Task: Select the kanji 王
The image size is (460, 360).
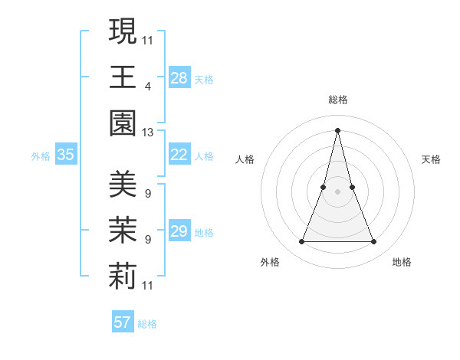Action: point(123,77)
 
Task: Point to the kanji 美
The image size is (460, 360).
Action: point(123,184)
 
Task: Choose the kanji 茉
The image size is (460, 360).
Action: point(123,231)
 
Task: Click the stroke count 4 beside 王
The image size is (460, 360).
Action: point(148,86)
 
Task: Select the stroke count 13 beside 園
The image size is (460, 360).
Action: point(148,133)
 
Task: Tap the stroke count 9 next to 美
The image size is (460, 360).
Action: point(148,193)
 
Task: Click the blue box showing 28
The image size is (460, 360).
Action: point(179,77)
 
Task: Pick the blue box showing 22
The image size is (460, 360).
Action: point(179,155)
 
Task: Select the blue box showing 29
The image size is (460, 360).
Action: point(179,231)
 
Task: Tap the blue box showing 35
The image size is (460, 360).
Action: point(65,155)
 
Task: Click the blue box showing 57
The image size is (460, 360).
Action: point(123,322)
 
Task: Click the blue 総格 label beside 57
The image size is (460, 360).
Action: point(147,324)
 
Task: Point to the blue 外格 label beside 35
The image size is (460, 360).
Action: point(41,156)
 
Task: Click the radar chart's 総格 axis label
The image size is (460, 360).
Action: point(337,100)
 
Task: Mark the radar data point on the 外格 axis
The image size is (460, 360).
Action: point(301,242)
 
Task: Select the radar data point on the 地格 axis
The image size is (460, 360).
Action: point(374,242)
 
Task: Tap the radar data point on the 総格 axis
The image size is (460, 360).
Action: point(337,129)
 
